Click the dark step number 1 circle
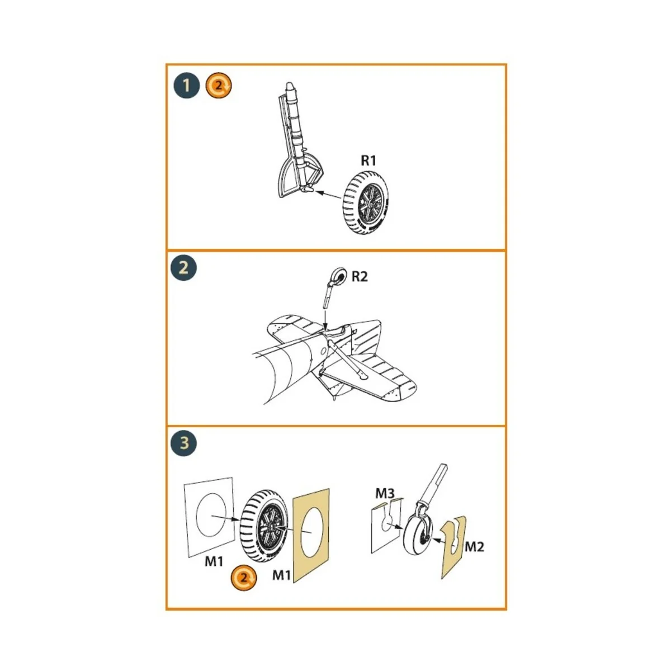pos(186,86)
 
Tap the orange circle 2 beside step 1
pos(219,86)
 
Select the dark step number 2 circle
pos(183,268)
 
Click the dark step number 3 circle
pos(184,443)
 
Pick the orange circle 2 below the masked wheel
pos(244,577)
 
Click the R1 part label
pos(368,160)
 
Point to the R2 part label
pos(360,276)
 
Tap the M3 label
pos(385,493)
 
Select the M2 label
pos(474,547)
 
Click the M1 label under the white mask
pos(214,561)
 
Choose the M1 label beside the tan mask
pos(282,575)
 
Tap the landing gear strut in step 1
pos(296,140)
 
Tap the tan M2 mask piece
pos(453,548)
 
